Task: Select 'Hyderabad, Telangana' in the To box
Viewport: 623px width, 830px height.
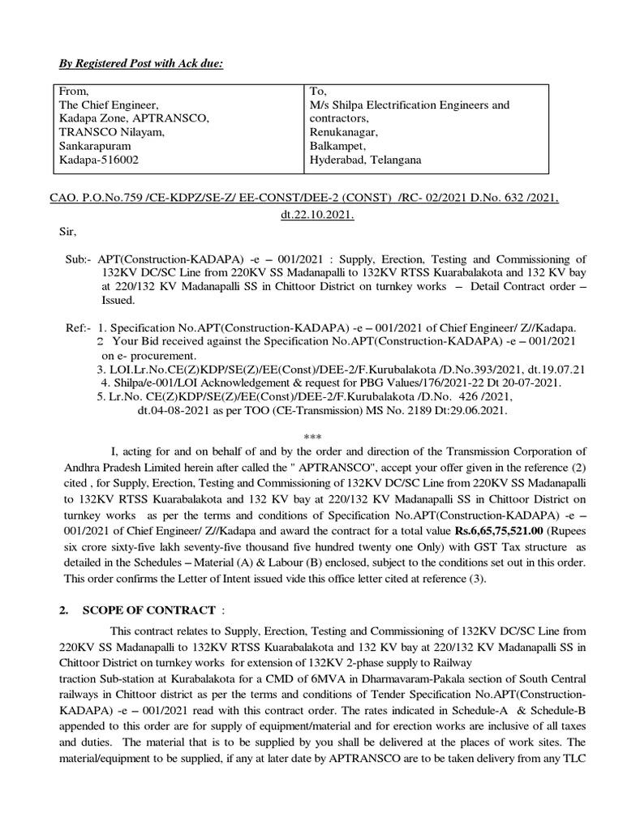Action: pos(366,160)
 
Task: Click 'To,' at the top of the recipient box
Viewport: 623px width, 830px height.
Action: pos(318,92)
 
